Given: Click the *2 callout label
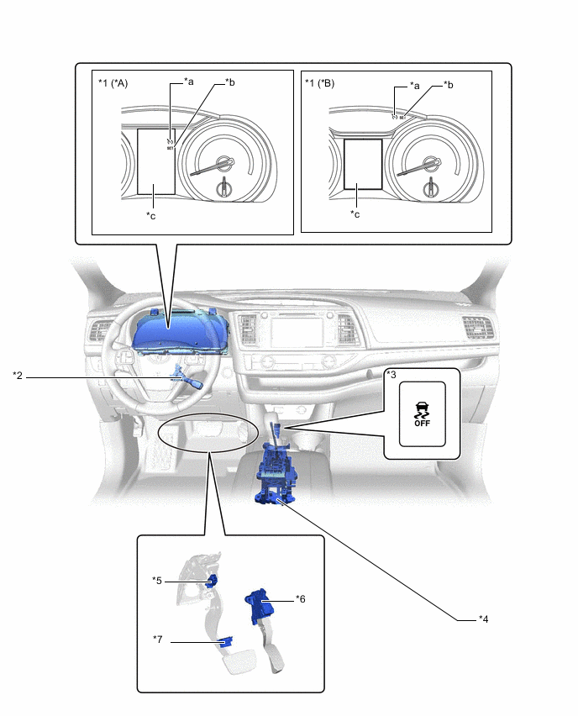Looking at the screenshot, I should [18, 376].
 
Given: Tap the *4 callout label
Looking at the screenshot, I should [483, 619].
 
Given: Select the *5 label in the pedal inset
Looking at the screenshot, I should [157, 580].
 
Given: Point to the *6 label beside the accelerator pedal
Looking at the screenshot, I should [301, 599].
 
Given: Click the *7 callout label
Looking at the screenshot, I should [158, 640].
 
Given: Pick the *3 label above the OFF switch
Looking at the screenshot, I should [391, 375].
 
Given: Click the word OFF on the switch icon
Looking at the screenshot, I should [422, 424].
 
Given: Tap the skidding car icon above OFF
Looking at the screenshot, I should [422, 410].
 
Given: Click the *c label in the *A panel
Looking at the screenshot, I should [150, 215].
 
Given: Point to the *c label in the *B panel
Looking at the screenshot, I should [355, 214].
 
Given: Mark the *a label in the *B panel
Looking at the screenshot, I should [413, 85].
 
